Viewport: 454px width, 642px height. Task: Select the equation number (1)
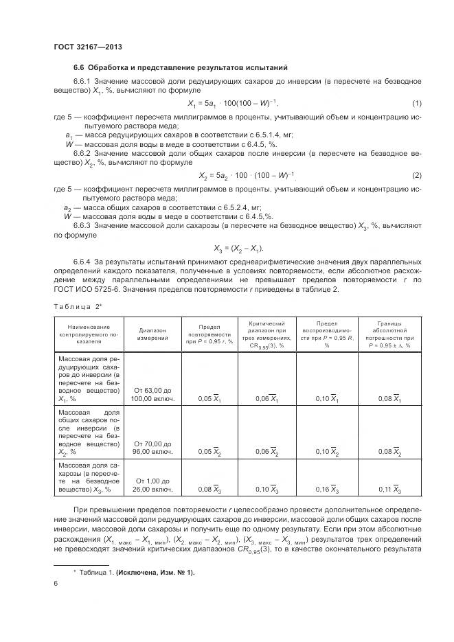pos(416,104)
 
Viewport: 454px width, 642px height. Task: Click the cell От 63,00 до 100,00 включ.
pos(153,393)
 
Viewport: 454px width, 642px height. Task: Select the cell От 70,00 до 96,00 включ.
pos(153,448)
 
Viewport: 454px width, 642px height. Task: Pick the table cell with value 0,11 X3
pos(389,490)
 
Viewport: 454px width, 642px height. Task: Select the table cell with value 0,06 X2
pos(266,452)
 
